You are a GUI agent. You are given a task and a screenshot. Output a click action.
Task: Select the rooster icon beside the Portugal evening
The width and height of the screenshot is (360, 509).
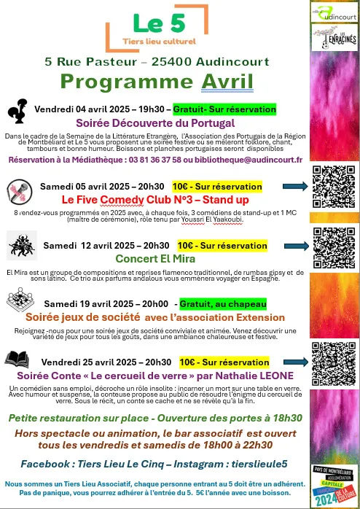point(17,110)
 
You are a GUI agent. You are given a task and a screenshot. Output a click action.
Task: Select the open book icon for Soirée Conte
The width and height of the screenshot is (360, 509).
point(17,359)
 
